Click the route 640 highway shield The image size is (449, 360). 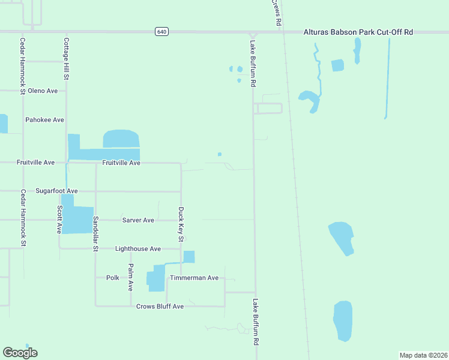(x=161, y=32)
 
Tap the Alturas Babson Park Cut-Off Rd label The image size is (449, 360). (x=359, y=32)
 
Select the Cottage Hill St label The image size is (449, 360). (x=67, y=59)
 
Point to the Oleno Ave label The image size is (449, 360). (x=43, y=91)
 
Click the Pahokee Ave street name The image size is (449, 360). (x=44, y=120)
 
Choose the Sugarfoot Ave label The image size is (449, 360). (x=56, y=191)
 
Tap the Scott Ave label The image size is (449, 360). (x=59, y=220)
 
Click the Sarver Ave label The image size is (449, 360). (x=138, y=220)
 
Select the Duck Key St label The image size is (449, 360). (x=181, y=225)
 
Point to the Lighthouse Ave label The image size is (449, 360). (x=138, y=248)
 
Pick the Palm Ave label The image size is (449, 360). (x=131, y=277)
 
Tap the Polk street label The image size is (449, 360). (x=113, y=278)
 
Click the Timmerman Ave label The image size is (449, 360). (x=194, y=278)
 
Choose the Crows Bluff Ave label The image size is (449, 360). (x=160, y=306)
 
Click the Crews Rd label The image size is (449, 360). (x=277, y=12)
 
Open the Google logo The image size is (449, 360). (x=20, y=353)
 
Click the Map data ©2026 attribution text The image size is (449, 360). (x=423, y=355)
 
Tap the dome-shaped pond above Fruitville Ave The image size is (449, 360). (x=121, y=139)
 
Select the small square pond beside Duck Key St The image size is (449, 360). (x=189, y=257)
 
